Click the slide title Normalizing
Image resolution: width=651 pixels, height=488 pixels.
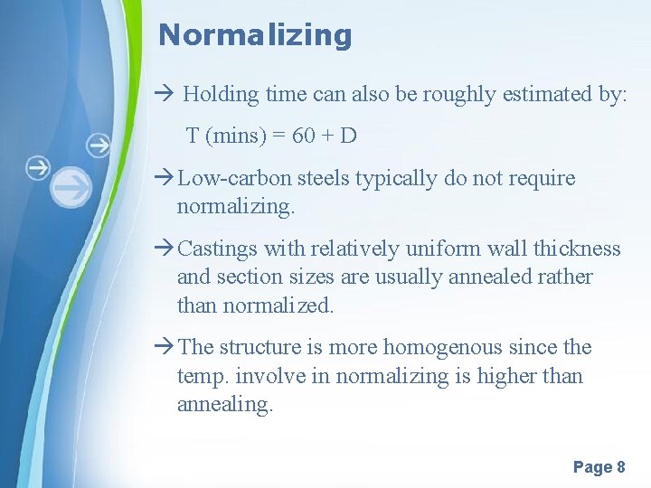click(x=254, y=35)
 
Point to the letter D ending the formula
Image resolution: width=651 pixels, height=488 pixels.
click(x=348, y=136)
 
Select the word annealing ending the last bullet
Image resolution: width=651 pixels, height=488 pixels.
click(x=224, y=405)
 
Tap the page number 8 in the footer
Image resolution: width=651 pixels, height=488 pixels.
click(x=620, y=467)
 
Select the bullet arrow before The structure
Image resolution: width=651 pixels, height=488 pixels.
click(x=165, y=348)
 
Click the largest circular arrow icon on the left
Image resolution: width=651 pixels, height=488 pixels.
click(x=71, y=187)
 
